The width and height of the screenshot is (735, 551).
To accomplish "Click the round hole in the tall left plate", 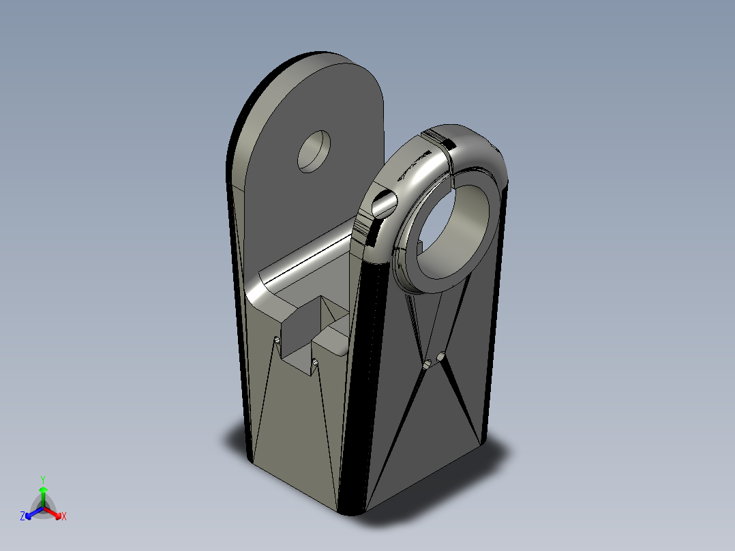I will pos(314,151).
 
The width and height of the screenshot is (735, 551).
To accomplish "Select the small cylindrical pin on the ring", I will pos(384,202).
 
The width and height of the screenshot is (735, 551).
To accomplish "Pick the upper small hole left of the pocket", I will pos(277,340).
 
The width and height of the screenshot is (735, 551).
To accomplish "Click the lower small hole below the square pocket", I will pos(315,362).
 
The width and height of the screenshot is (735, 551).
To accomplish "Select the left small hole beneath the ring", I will pos(427,366).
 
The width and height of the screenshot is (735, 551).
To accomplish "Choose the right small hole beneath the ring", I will pos(442,357).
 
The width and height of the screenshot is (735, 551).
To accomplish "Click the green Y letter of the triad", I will pos(43,479).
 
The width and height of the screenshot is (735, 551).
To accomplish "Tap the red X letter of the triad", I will pos(64,517).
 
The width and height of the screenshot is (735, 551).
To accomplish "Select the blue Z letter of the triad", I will pos(22,517).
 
